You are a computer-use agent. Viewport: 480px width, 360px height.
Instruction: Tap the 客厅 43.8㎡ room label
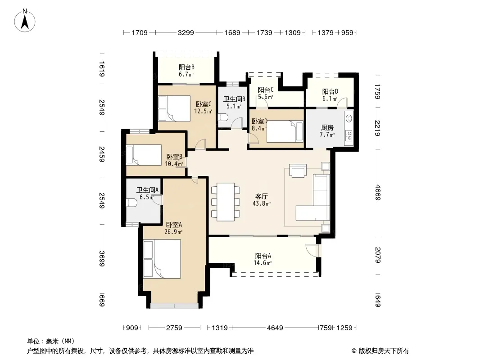262,199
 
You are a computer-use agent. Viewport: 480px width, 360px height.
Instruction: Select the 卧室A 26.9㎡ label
173,228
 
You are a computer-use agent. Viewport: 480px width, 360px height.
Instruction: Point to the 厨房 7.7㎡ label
327,131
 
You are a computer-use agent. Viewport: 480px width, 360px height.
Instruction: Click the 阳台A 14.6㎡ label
263,259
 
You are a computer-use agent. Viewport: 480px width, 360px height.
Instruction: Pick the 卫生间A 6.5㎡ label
147,193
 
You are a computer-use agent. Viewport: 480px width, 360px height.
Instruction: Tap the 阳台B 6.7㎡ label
186,71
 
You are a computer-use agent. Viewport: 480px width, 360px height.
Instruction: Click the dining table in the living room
226,202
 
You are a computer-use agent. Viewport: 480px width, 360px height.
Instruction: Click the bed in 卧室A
162,259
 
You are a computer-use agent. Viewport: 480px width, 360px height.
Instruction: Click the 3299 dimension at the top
186,32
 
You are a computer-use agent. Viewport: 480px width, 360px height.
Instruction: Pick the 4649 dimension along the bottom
275,328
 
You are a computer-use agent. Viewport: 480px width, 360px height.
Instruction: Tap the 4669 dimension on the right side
378,193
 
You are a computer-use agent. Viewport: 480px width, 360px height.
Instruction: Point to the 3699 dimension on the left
102,258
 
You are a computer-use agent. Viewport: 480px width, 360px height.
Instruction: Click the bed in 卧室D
285,131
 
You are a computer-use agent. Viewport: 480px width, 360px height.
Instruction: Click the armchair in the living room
298,171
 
